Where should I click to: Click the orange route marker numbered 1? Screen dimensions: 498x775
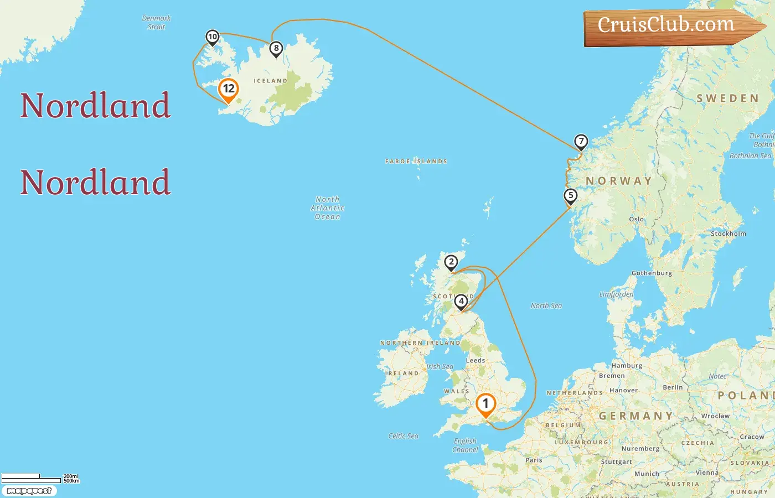[485, 404]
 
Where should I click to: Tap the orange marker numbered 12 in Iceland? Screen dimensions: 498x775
[228, 90]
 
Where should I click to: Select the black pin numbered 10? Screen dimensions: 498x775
[213, 37]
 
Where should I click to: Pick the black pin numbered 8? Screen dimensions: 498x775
[276, 49]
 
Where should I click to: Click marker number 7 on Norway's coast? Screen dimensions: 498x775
[581, 142]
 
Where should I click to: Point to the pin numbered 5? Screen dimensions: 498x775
[570, 196]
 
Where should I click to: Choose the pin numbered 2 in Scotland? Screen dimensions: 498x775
[451, 262]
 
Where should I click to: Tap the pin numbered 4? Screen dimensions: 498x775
[461, 302]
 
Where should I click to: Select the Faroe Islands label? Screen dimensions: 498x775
[416, 162]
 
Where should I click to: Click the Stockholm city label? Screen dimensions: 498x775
[728, 234]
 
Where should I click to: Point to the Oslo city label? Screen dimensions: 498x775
[636, 219]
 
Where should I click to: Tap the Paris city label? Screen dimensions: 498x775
[534, 460]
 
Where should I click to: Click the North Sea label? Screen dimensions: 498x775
[546, 305]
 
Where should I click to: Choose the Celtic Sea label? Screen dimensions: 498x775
[403, 436]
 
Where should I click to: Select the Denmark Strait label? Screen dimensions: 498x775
[156, 22]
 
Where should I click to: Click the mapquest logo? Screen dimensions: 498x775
[29, 491]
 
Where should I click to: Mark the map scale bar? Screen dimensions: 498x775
[31, 478]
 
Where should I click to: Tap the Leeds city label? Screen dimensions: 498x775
[475, 360]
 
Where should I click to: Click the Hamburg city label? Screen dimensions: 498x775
[627, 366]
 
